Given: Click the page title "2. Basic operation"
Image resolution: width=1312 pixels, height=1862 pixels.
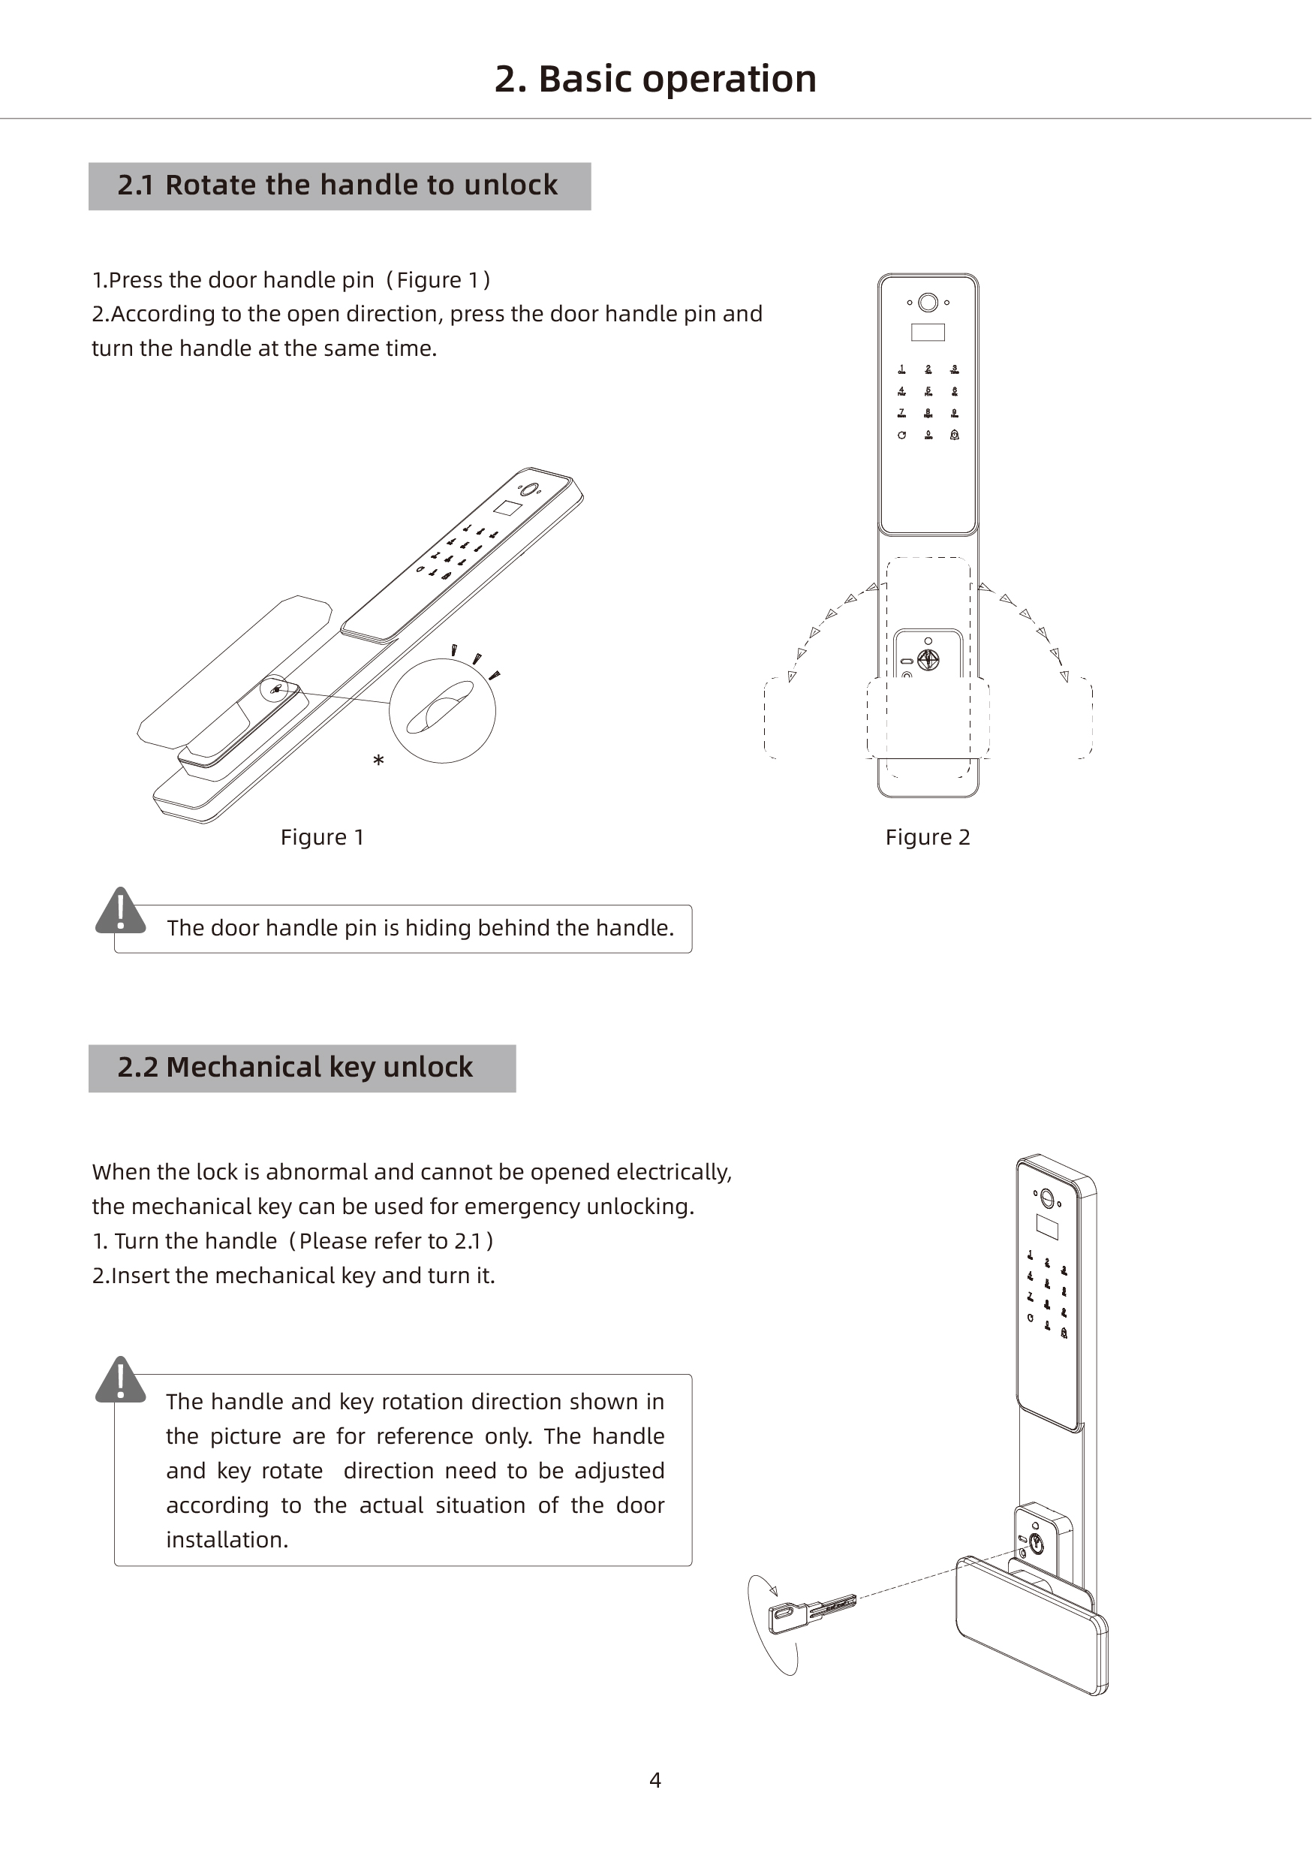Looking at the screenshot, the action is tap(655, 80).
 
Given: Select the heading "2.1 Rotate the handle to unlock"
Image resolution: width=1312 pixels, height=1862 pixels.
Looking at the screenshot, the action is tap(337, 185).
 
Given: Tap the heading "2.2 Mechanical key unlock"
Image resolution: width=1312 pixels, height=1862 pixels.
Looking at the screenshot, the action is tap(295, 1067).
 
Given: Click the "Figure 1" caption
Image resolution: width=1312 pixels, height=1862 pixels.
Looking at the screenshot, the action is tap(322, 837).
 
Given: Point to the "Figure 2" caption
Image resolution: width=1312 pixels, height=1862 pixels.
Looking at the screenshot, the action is tap(928, 837).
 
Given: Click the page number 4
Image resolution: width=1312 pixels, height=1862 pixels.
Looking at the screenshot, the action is tap(655, 1780).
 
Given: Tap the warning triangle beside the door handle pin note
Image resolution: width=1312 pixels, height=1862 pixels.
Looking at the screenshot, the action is tap(121, 910).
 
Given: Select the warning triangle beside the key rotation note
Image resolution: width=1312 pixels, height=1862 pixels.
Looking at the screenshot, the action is tap(121, 1379).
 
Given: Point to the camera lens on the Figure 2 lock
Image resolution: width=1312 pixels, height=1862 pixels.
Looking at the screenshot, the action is tap(928, 303).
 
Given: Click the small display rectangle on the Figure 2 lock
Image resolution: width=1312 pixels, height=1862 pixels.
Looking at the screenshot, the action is tap(928, 333).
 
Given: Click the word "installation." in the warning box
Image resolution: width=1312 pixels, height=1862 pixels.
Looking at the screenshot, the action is tap(227, 1539).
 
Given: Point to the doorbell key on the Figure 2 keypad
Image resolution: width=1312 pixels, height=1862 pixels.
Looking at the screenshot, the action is tap(955, 435).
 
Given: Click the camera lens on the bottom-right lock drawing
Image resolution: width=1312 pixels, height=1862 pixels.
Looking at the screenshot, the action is tap(1046, 1198).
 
